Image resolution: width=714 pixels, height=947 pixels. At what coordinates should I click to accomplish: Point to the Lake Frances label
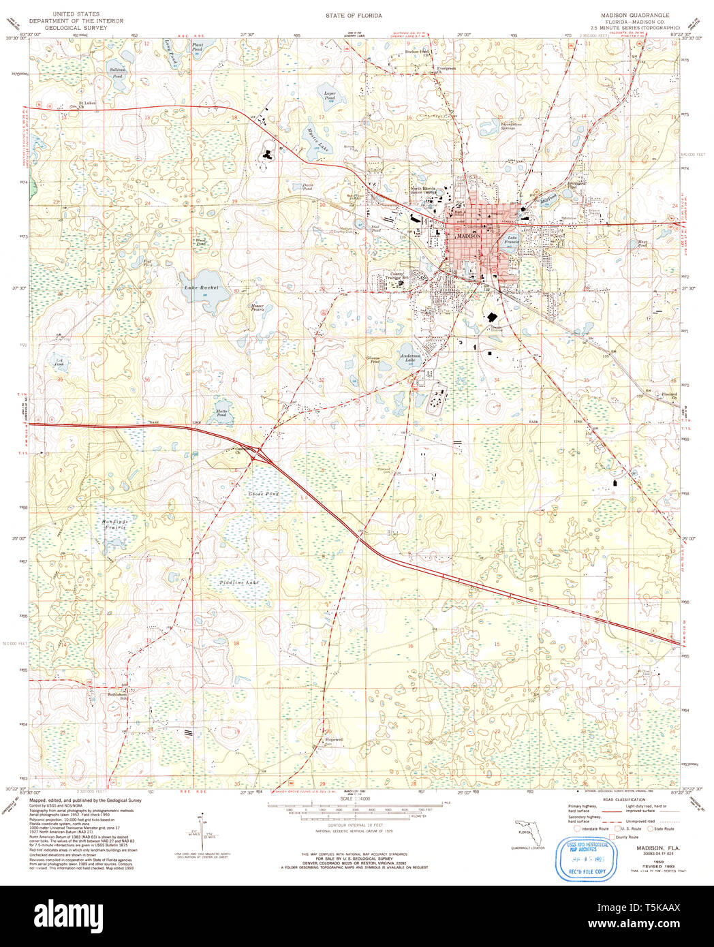[x=512, y=239]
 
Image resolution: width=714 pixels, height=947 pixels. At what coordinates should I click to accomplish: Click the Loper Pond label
[x=330, y=95]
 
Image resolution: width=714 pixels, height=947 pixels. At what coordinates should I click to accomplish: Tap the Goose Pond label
[x=264, y=493]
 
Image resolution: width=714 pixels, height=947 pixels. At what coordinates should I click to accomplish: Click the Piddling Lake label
[x=239, y=583]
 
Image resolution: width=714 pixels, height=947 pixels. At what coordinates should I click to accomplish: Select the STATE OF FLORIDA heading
[x=354, y=15]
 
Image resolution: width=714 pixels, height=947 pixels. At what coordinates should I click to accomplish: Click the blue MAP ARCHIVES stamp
[x=583, y=850]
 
